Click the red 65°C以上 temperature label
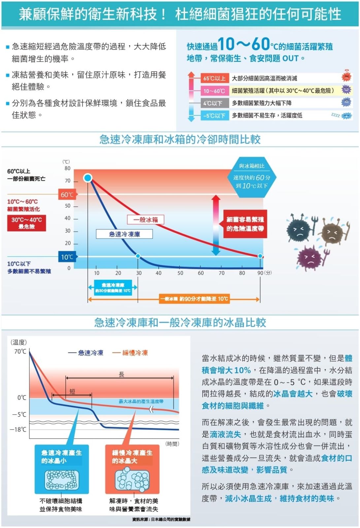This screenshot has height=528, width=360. (214, 78)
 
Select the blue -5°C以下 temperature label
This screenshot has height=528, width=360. (214, 115)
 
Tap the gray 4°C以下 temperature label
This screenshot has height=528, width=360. (214, 103)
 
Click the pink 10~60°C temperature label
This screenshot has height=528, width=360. (214, 91)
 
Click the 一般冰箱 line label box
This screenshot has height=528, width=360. (146, 219)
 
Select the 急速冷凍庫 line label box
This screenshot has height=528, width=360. (124, 234)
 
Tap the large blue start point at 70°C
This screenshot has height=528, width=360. (88, 178)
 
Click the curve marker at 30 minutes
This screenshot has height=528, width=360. (138, 256)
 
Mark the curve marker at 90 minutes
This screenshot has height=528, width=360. (260, 256)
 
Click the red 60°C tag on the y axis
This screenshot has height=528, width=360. (67, 195)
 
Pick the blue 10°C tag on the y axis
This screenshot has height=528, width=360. (67, 257)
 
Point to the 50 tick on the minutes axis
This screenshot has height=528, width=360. (180, 273)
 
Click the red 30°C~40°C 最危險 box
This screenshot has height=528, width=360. (27, 223)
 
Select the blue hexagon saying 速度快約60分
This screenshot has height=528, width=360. (252, 178)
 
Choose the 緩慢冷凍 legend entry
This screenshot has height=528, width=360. (130, 353)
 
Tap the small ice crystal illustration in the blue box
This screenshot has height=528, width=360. (62, 479)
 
